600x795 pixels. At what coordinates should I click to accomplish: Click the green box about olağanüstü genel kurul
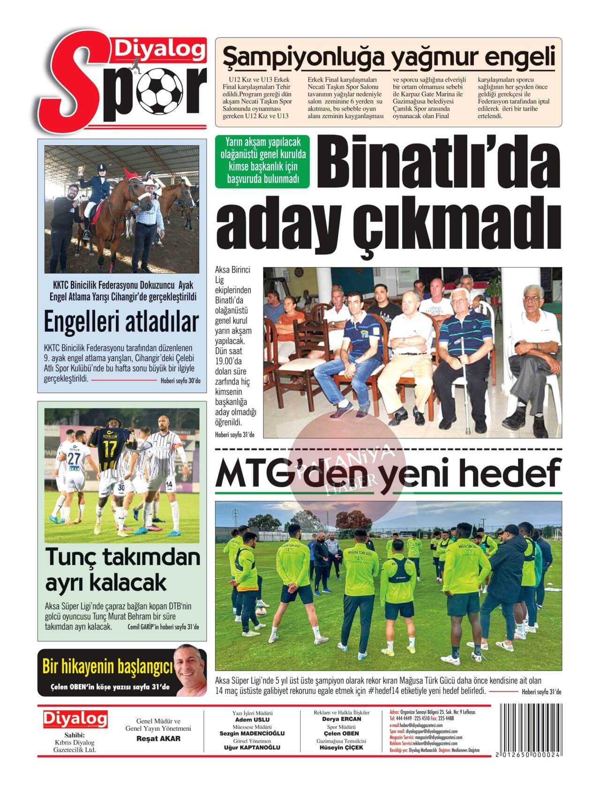tap(262, 162)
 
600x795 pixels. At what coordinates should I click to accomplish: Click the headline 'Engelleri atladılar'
tap(121, 322)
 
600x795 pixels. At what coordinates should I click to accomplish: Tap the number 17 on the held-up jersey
tap(111, 449)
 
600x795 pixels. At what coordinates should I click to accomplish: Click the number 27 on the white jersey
tap(73, 458)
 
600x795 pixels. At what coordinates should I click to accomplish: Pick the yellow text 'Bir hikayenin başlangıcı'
tap(107, 666)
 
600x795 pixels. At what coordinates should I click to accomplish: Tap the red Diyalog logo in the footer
tap(75, 720)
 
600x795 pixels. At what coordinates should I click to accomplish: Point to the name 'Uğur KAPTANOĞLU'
tap(252, 748)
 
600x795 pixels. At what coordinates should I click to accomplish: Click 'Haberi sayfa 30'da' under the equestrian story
tap(180, 381)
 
